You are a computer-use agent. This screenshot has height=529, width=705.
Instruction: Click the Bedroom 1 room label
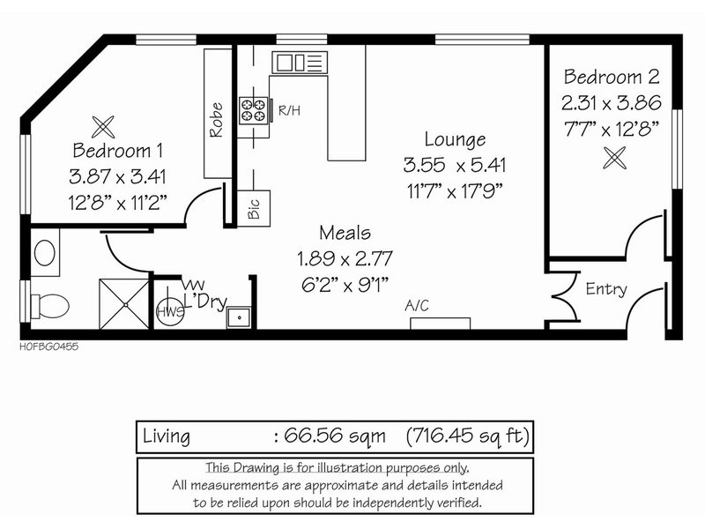point(117,150)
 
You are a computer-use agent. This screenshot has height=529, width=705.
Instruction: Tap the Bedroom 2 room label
point(612,77)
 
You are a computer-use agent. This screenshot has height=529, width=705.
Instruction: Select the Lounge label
point(455,139)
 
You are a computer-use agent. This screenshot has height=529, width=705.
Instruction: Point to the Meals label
point(345,233)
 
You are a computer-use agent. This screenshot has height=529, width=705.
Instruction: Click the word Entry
point(606,289)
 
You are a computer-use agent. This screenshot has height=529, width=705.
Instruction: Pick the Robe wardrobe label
point(216,120)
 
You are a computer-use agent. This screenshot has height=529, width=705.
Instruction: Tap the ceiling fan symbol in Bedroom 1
point(103,127)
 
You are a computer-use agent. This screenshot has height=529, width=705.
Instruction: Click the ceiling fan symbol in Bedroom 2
point(614,158)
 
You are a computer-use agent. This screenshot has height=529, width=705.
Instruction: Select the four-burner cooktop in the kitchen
point(253,110)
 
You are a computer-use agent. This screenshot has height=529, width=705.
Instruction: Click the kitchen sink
point(299,62)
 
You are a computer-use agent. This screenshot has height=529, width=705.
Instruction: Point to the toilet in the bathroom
point(49,306)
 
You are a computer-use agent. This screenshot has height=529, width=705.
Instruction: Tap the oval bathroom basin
point(45,253)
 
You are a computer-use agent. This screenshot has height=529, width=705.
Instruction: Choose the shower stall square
point(124,304)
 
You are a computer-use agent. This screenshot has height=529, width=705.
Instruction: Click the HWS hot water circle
point(170,311)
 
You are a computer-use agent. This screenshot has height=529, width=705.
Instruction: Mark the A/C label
point(417,306)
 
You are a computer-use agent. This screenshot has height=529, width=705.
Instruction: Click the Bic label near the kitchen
point(254,209)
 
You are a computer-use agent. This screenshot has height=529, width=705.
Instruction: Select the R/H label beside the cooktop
point(289,110)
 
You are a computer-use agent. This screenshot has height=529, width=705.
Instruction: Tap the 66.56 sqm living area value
point(335,436)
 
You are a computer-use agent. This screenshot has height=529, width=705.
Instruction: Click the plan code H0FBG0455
point(49,346)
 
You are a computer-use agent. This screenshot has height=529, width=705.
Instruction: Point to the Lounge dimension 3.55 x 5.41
point(455,165)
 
